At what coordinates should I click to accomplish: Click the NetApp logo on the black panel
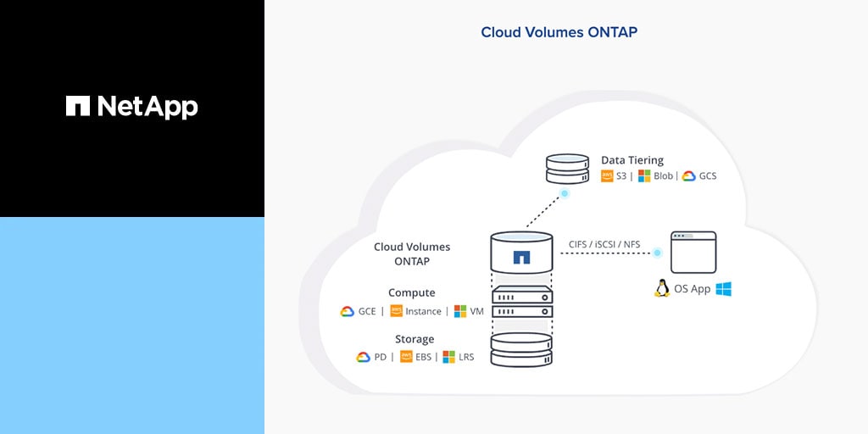click(x=132, y=106)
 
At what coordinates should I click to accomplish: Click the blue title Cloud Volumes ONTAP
click(x=559, y=32)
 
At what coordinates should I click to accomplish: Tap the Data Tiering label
click(x=632, y=160)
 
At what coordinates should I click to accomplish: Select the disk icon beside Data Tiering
click(x=568, y=169)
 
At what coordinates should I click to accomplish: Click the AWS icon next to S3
click(x=607, y=176)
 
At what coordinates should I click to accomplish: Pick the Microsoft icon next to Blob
click(x=644, y=176)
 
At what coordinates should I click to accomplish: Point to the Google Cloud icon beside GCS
click(x=688, y=176)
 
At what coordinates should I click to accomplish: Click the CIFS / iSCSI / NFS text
click(x=604, y=245)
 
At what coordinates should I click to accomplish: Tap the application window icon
click(x=693, y=251)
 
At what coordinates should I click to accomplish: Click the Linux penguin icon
click(x=662, y=289)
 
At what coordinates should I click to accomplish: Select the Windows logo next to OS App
click(x=723, y=289)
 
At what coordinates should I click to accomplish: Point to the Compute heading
click(x=412, y=293)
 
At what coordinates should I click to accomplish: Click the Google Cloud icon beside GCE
click(x=348, y=311)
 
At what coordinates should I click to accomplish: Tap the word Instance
click(x=423, y=311)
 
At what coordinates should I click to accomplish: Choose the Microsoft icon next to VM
click(x=461, y=311)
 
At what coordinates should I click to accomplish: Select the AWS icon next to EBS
click(x=407, y=357)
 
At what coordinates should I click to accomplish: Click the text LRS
click(x=465, y=357)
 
